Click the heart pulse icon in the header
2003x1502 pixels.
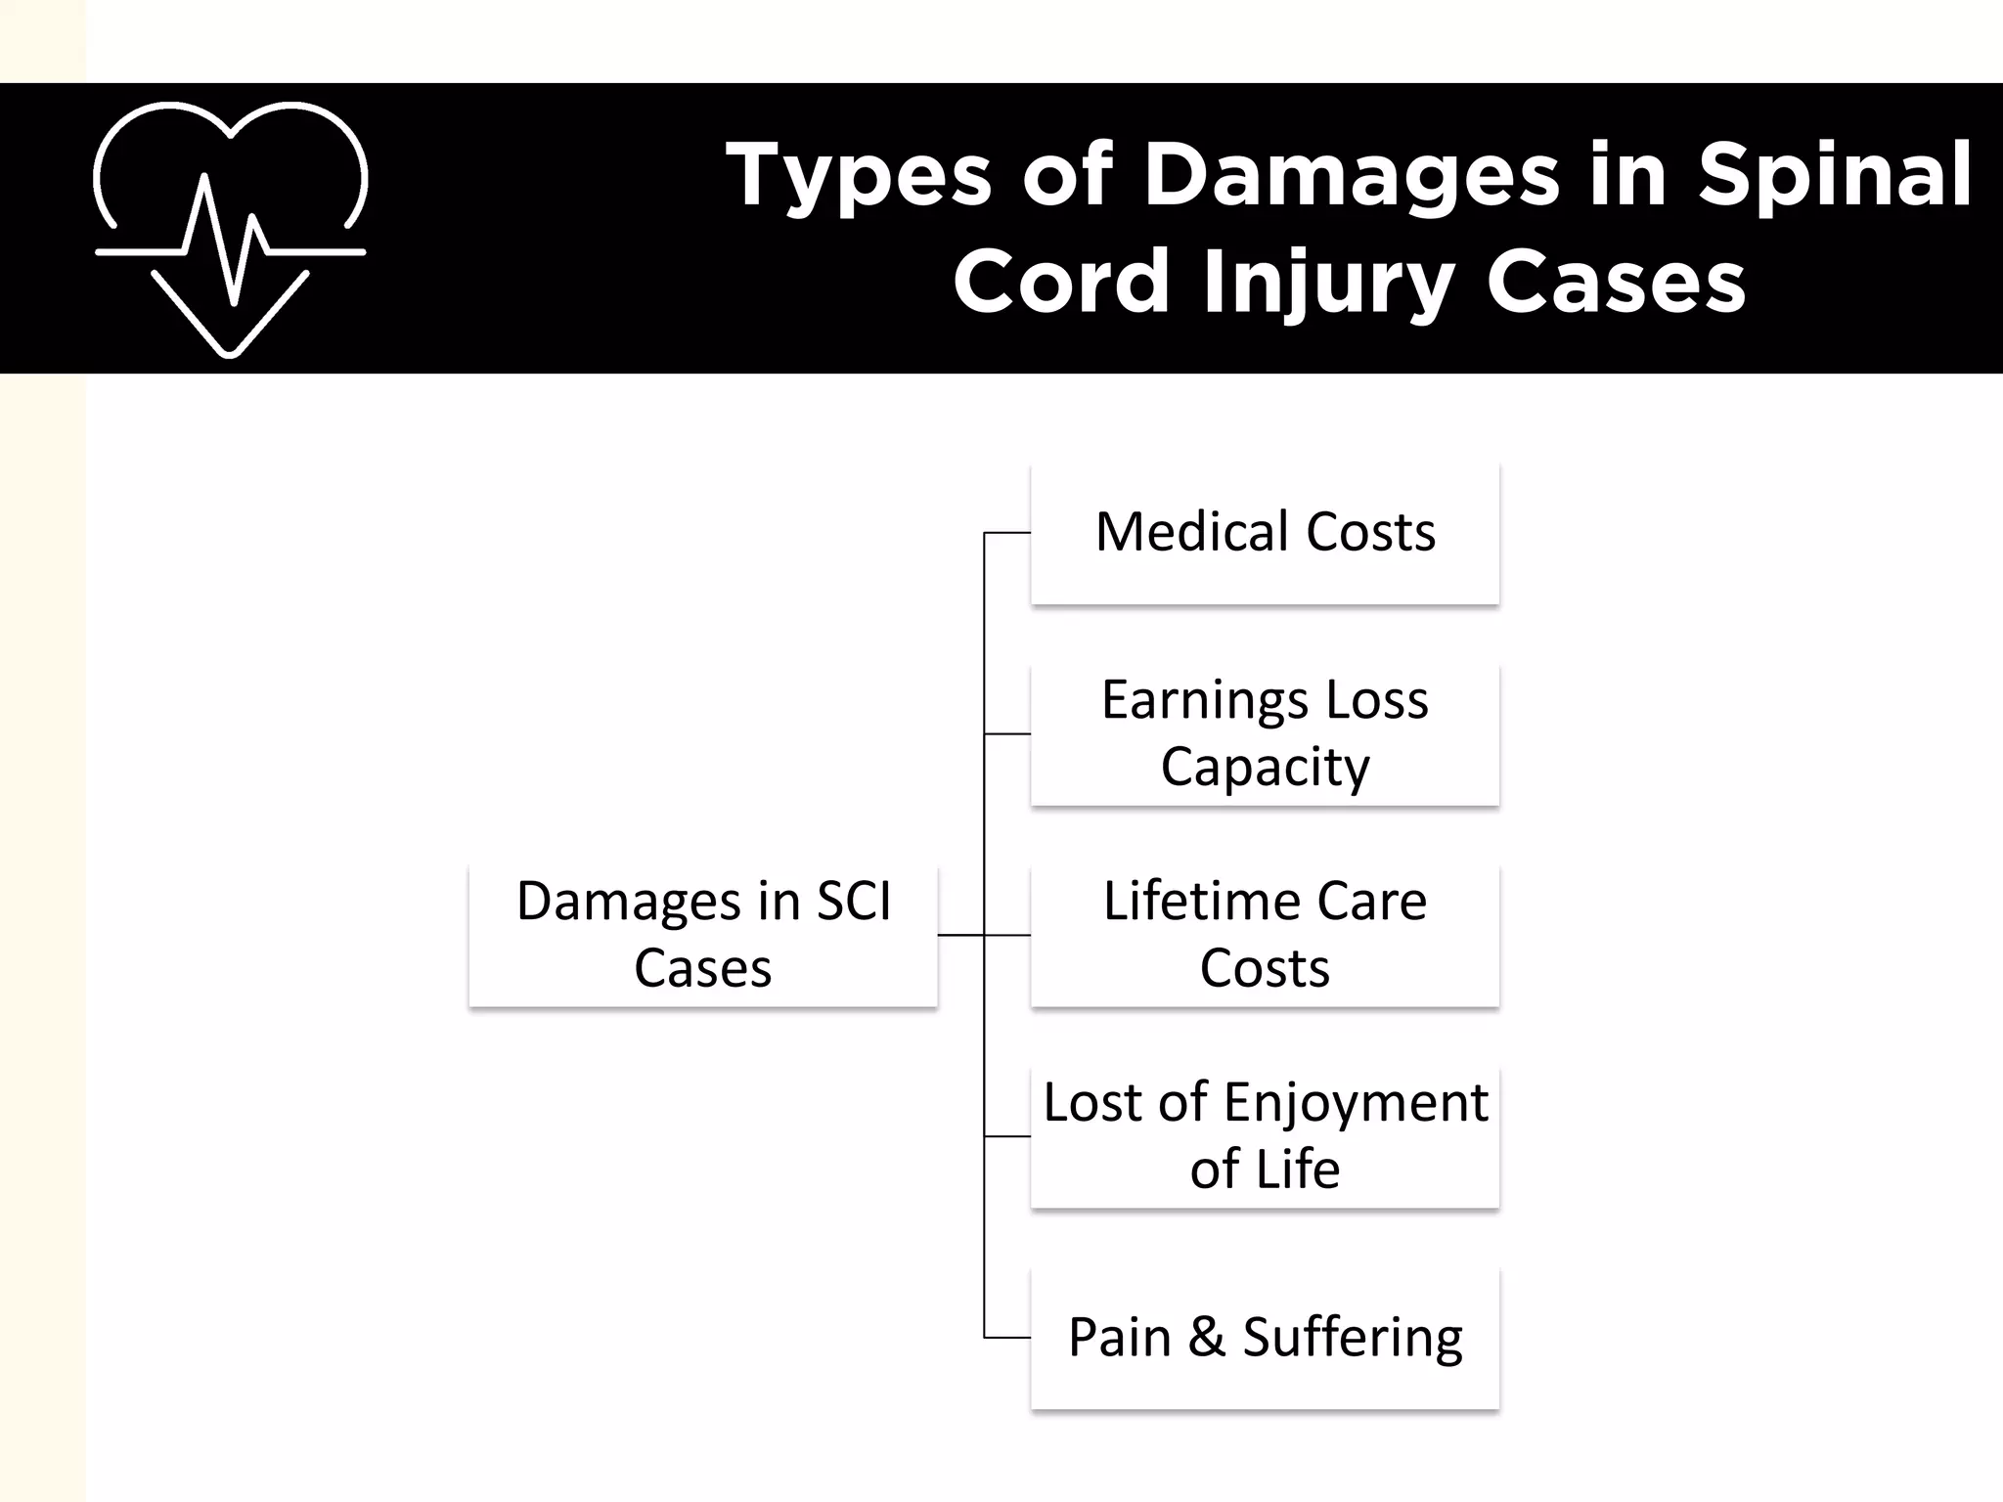pyautogui.click(x=231, y=229)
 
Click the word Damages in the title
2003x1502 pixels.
pyautogui.click(x=1352, y=176)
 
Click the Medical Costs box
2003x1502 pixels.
pyautogui.click(x=1265, y=534)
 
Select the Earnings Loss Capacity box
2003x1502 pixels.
pyautogui.click(x=1265, y=733)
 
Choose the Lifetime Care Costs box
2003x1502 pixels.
pyautogui.click(x=1265, y=935)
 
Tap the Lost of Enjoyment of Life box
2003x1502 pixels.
pyautogui.click(x=1265, y=1136)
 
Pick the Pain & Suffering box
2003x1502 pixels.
pyautogui.click(x=1265, y=1338)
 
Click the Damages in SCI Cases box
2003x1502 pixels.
pyautogui.click(x=702, y=935)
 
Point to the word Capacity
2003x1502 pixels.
pyautogui.click(x=1265, y=768)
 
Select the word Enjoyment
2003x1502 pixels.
pyautogui.click(x=1356, y=1103)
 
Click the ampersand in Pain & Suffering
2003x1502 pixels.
pyautogui.click(x=1207, y=1337)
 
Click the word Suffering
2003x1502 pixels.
pyautogui.click(x=1353, y=1338)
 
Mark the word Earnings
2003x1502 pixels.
pyautogui.click(x=1205, y=701)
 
